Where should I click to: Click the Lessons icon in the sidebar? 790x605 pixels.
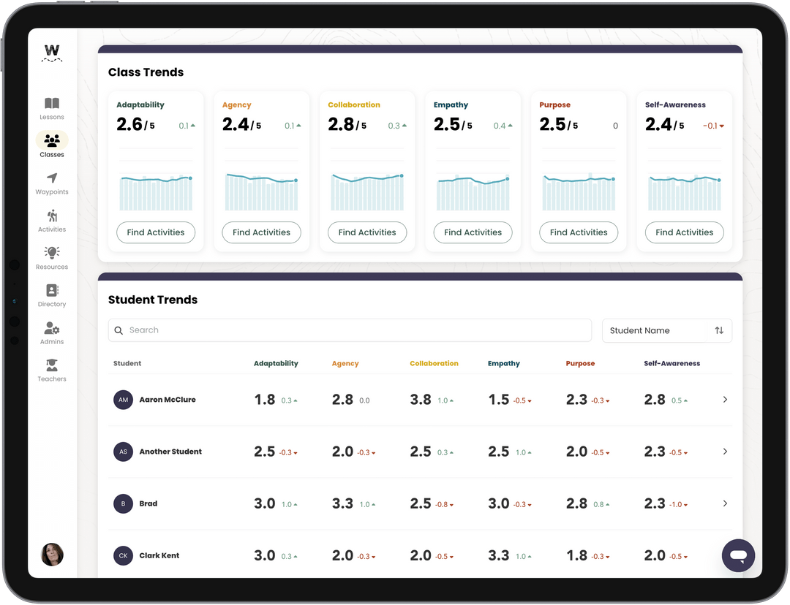point(52,104)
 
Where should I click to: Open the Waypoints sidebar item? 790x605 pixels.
point(52,178)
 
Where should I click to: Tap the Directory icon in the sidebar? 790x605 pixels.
point(52,290)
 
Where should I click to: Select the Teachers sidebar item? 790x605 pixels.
point(52,365)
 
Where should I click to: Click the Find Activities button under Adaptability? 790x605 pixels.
point(156,232)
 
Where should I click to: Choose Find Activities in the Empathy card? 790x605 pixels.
point(473,232)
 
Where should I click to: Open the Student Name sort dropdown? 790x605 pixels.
point(666,330)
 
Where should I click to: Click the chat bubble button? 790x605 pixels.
point(738,556)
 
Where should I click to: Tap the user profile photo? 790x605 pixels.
point(52,555)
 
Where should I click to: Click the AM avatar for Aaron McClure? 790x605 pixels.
point(123,400)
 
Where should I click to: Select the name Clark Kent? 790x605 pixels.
point(159,555)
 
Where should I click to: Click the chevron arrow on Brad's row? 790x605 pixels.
point(725,503)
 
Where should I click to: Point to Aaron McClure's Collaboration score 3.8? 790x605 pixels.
point(421,400)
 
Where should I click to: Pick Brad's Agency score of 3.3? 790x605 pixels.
point(342,503)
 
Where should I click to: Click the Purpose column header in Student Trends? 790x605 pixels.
point(580,363)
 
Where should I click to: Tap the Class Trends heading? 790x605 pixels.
point(146,72)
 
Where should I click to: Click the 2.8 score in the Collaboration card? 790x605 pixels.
point(342,125)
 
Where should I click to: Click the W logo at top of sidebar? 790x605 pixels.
point(52,52)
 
